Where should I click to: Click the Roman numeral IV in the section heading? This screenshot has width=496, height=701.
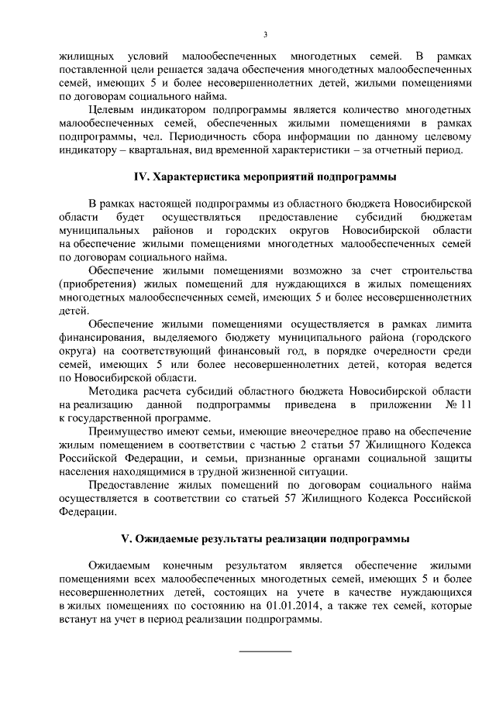141,177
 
